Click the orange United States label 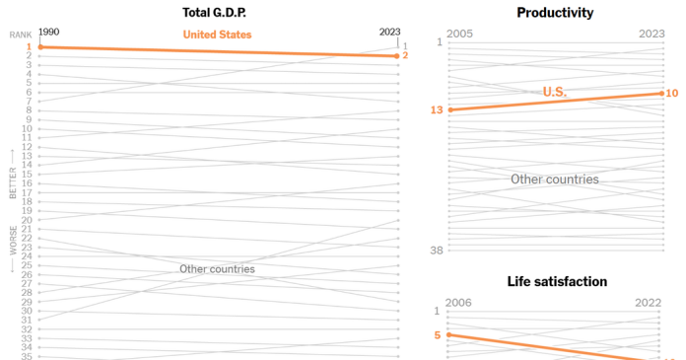click(x=218, y=35)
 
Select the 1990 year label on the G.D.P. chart click(x=48, y=32)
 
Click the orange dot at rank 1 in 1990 click(x=40, y=47)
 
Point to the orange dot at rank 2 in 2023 click(x=397, y=55)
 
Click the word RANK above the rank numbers click(x=21, y=35)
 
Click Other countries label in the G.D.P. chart click(x=217, y=269)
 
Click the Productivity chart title click(x=555, y=12)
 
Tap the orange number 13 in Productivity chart click(x=436, y=109)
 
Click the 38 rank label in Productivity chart click(x=436, y=251)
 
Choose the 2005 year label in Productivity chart click(x=459, y=34)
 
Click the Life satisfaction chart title click(x=557, y=281)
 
